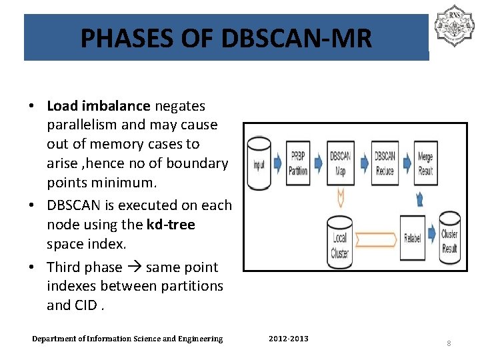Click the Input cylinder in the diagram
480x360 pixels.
pyautogui.click(x=259, y=163)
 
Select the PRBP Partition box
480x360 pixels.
pyautogui.click(x=298, y=163)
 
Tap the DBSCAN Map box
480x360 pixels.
pyautogui.click(x=341, y=163)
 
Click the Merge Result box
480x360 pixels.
pyautogui.click(x=425, y=163)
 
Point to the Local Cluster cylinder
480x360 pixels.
pyautogui.click(x=340, y=239)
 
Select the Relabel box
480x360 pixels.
pyautogui.click(x=412, y=238)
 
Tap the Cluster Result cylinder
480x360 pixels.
pyautogui.click(x=449, y=238)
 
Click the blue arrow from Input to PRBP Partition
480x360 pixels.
pyautogui.click(x=278, y=164)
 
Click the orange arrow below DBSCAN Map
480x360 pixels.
pyautogui.click(x=341, y=197)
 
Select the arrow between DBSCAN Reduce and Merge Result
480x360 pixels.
pyautogui.click(x=405, y=164)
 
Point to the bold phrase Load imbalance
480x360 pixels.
pyautogui.click(x=98, y=105)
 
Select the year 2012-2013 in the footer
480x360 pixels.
pyautogui.click(x=288, y=339)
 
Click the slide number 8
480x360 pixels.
pyautogui.click(x=449, y=343)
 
